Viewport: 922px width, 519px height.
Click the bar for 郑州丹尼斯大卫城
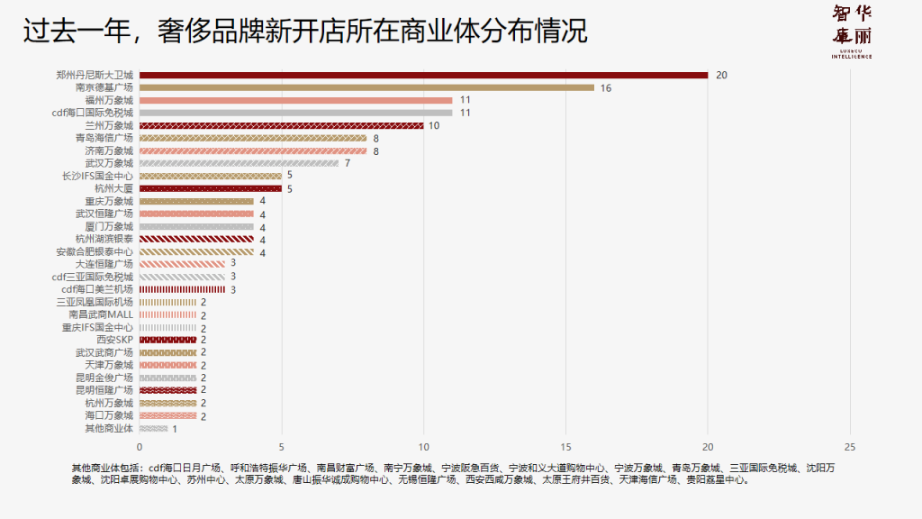click(x=423, y=75)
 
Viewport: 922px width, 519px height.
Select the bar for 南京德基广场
click(x=366, y=87)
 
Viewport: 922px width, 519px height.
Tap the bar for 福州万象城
click(x=295, y=100)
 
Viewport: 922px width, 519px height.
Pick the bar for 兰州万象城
click(x=281, y=125)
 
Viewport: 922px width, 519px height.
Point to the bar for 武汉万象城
click(x=239, y=163)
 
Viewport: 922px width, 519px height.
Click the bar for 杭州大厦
click(x=211, y=188)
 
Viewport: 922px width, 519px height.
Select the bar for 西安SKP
click(x=167, y=340)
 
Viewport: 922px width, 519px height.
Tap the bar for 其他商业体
click(x=153, y=428)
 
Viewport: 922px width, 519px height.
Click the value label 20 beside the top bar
click(x=721, y=75)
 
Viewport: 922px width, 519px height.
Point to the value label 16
click(x=606, y=88)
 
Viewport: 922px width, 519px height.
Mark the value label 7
click(x=347, y=163)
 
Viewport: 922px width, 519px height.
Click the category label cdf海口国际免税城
click(x=93, y=113)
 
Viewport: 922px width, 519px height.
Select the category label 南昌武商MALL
click(x=100, y=314)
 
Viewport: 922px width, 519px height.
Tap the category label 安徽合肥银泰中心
click(x=95, y=251)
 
